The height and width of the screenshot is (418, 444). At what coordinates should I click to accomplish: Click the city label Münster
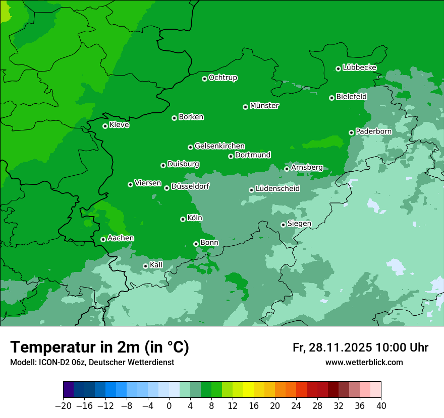264,106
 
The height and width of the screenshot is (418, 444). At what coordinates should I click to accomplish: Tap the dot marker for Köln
183,219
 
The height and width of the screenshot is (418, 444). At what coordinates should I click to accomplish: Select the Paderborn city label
373,131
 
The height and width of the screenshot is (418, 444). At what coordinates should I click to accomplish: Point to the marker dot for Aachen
103,239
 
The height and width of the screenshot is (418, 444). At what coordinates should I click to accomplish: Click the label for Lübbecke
359,67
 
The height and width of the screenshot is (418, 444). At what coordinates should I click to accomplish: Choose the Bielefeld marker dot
331,98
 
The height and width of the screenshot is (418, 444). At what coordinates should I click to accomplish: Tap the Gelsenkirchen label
219,146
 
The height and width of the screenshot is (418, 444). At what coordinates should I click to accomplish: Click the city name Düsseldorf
190,186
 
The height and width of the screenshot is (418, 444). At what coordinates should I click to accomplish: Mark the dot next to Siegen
283,225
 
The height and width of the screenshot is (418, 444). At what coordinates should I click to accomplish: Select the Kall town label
156,265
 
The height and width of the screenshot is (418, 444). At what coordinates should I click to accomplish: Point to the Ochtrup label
223,78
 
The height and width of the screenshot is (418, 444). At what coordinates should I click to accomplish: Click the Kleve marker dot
105,126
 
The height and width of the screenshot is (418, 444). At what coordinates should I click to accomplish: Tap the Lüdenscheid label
277,189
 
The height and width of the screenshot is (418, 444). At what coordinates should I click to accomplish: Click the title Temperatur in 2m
99,347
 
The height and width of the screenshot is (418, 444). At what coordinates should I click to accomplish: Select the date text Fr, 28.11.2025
332,347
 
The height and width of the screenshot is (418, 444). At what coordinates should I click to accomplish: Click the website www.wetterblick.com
364,362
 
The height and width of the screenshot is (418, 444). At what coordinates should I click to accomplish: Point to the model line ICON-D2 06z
92,362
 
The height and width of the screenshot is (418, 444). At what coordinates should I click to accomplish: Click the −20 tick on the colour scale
63,406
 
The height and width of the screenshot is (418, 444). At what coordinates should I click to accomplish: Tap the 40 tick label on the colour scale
381,406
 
